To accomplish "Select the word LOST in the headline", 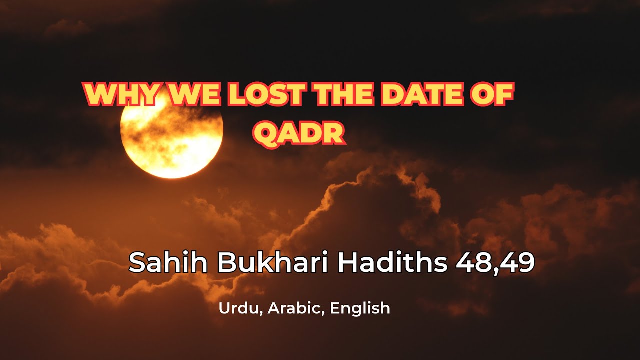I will pyautogui.click(x=264, y=95).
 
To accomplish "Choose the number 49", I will pyautogui.click(x=517, y=262).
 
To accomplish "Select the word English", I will pyautogui.click(x=360, y=308).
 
